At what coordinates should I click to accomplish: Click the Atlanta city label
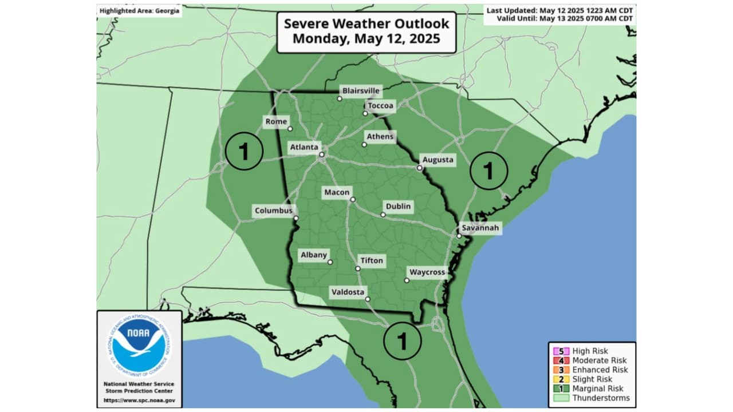(304, 147)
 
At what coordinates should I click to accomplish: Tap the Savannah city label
(480, 228)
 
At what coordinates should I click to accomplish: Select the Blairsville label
(361, 91)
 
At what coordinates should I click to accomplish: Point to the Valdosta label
(348, 292)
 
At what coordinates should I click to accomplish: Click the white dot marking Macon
(353, 200)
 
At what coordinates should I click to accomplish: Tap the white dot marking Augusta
(419, 168)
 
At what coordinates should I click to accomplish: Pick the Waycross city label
(427, 272)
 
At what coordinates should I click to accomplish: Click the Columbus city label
(273, 211)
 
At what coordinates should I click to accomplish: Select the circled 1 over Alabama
(243, 152)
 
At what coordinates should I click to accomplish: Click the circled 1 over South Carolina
(488, 171)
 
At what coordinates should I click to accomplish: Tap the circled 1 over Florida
(402, 342)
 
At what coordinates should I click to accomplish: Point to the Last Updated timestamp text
(559, 10)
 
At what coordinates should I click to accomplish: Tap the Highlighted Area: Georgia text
(139, 11)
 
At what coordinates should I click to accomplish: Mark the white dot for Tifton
(358, 268)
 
